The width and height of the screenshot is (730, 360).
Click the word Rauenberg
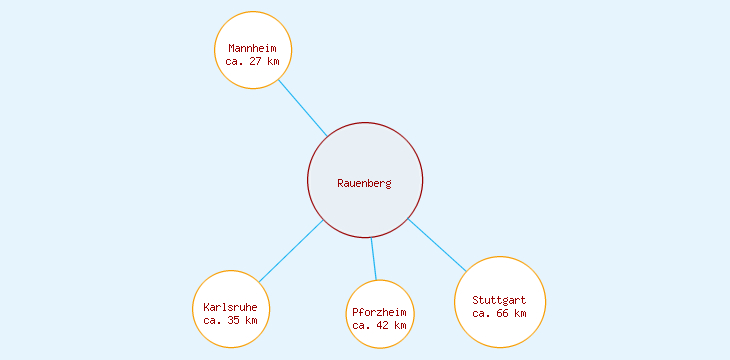pos(365,183)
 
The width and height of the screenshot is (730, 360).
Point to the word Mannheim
pos(253,48)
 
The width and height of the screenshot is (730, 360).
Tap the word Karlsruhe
pos(231,307)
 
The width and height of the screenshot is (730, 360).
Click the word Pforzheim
pos(380,312)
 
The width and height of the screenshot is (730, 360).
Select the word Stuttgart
pos(500,300)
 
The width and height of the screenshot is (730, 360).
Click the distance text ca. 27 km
pos(253,61)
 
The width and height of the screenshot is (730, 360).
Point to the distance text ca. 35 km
pos(231,320)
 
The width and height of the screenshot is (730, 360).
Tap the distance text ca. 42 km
pos(380,325)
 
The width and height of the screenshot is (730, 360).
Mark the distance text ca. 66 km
pos(500,313)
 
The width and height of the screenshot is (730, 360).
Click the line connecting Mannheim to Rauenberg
pos(303,108)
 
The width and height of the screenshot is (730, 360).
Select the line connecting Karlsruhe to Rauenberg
pos(291,251)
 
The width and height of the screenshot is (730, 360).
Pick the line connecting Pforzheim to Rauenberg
pos(374,259)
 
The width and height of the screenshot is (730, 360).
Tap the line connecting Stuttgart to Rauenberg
pos(437,244)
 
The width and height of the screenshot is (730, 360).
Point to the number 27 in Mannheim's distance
pos(257,61)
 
